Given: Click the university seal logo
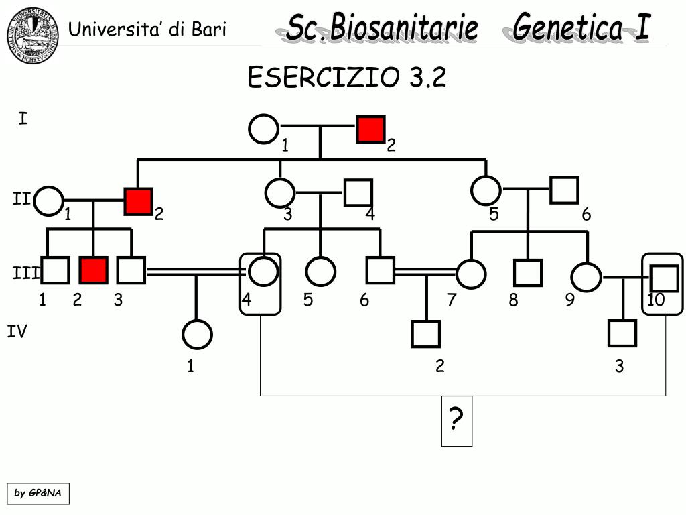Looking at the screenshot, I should coord(33,35).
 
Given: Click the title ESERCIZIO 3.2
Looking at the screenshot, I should coord(346,78).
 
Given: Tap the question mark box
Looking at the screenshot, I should coord(456,420).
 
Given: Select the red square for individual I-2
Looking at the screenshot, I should coord(370,129).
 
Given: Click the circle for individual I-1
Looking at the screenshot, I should coord(263,129).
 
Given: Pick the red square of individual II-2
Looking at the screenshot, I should coord(138,201).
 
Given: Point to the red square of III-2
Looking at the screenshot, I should coord(93,270).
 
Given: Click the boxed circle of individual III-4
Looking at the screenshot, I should coord(263,272).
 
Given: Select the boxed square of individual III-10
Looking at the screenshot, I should coord(665,275).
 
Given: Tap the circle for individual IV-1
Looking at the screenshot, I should coord(197,335).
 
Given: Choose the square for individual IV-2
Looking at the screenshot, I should coord(426,334).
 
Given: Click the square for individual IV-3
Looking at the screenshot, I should coord(622,334).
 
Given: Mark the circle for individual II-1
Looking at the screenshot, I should coord(49,201).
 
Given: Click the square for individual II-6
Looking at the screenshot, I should coord(564,190).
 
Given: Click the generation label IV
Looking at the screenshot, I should coord(17,331).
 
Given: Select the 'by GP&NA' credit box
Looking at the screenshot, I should coord(38,494).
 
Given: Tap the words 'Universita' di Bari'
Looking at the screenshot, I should coord(147,30).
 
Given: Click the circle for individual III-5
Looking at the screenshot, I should coord(320,272).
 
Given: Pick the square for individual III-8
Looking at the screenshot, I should coord(527,272).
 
